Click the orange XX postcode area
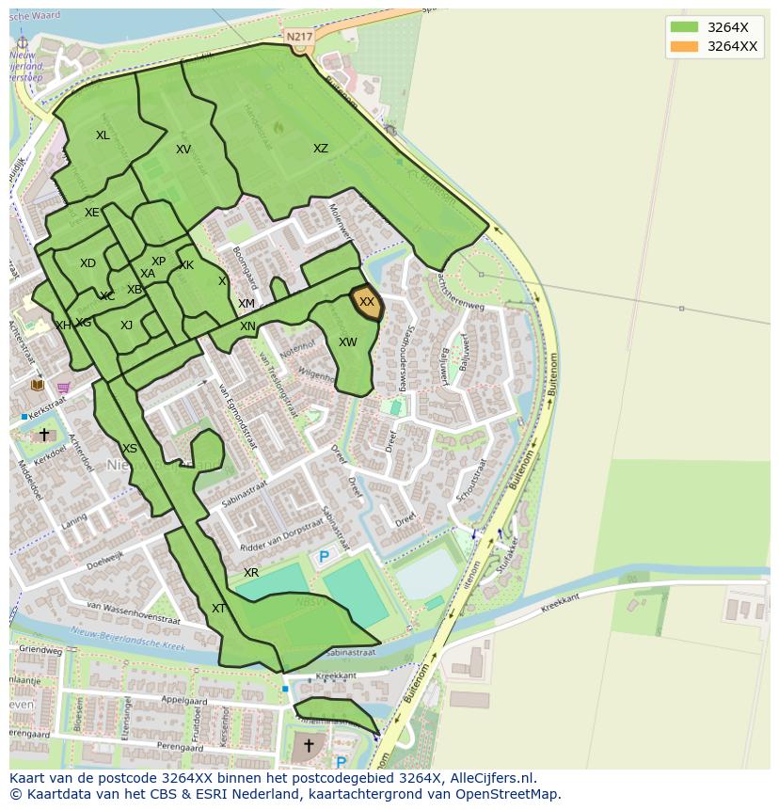point(366,303)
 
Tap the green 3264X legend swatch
point(684,26)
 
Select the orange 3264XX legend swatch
point(684,46)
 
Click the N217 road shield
point(299,37)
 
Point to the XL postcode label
point(103,135)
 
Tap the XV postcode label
point(183,150)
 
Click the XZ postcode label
point(321,149)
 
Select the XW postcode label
point(348,342)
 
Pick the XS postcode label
point(130,449)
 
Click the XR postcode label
point(251,573)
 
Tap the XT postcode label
point(218,609)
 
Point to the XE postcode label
point(91,213)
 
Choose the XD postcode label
point(87,263)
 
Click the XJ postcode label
point(126,326)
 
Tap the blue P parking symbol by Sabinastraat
point(324,557)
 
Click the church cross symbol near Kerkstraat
point(44,435)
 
